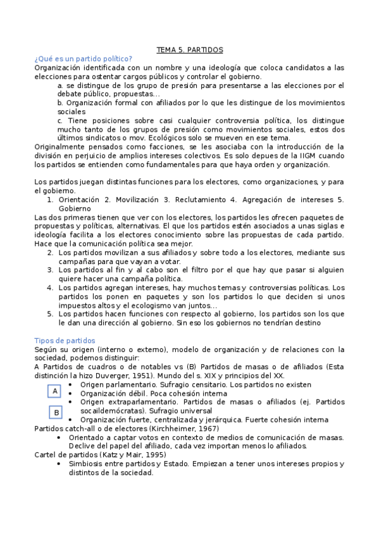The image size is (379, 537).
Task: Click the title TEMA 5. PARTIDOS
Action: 190,49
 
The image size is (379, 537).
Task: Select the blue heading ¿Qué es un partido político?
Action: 83,58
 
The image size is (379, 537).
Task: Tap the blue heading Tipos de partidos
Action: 65,340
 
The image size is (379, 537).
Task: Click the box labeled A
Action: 56,391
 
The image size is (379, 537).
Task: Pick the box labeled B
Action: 56,413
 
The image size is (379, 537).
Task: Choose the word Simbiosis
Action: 89,463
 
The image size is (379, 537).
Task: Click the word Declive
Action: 84,445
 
